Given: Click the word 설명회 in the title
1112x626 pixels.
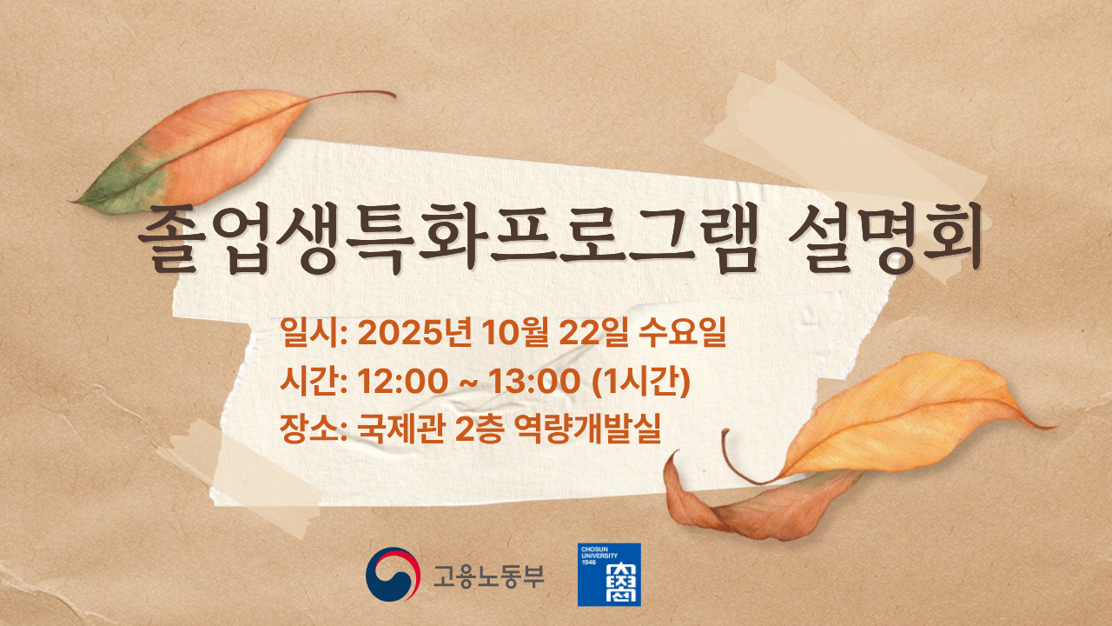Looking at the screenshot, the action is (x=885, y=239).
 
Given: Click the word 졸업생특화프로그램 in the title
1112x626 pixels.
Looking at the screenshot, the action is (x=448, y=239).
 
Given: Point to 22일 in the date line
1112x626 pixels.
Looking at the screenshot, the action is (x=593, y=332).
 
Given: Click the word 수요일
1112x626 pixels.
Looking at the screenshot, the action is (x=682, y=332).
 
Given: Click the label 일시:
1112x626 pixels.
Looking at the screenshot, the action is (x=314, y=332).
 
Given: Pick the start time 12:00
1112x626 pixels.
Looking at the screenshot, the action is (x=402, y=382).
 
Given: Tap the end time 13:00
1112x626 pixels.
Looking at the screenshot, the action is (x=534, y=382).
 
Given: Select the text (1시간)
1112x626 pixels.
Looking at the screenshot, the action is (x=641, y=382).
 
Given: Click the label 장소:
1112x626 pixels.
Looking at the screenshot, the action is (x=314, y=429).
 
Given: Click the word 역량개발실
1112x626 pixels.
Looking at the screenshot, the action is (x=587, y=429).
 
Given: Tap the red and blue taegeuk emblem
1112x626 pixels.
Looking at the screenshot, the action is (x=393, y=575).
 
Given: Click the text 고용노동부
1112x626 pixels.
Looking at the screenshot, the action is (x=488, y=576).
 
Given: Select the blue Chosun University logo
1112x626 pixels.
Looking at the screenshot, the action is (x=609, y=575).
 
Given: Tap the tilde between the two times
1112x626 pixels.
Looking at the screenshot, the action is (x=468, y=383).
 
